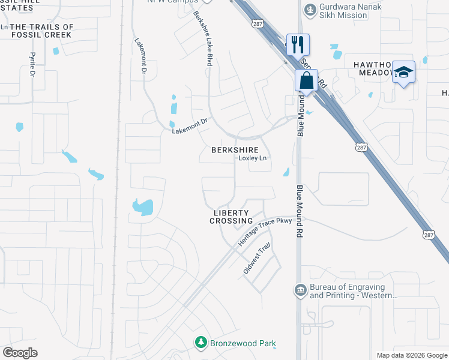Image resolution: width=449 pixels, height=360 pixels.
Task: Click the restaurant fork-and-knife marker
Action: (x=298, y=44)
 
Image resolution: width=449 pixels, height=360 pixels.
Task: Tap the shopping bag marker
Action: (x=306, y=80)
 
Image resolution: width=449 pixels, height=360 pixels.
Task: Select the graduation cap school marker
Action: (x=404, y=72)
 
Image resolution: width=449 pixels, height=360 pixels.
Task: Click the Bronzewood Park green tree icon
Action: (x=200, y=343)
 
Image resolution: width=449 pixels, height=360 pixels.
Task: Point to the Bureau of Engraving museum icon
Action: (x=300, y=290)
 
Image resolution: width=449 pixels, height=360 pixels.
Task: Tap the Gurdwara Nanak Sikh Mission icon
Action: (x=310, y=9)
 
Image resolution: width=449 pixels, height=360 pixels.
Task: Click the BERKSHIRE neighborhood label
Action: (x=235, y=150)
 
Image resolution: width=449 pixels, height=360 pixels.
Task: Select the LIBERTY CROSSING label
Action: (x=231, y=217)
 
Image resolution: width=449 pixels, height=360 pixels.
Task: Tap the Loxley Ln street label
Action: (x=252, y=158)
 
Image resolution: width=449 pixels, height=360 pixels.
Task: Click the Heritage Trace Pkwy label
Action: (x=265, y=230)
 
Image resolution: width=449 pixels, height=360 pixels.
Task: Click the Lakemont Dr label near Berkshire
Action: (x=190, y=124)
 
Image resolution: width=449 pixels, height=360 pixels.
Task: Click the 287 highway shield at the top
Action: (x=258, y=23)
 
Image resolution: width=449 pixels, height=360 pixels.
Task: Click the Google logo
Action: (x=20, y=353)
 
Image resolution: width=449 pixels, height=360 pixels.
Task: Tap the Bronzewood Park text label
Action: (x=243, y=344)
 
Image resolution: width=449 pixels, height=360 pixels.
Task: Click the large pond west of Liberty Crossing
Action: (x=143, y=207)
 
